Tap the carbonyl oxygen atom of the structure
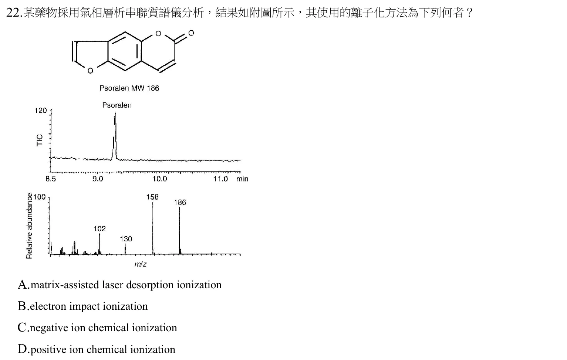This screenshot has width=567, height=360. point(191,33)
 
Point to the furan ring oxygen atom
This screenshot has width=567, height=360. point(90,71)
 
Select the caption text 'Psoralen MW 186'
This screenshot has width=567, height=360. point(129,88)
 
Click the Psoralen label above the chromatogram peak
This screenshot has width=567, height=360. point(117,105)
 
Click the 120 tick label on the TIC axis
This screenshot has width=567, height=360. point(41,111)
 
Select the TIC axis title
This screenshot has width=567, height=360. point(40,140)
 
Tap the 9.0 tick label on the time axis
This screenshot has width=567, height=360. point(98,179)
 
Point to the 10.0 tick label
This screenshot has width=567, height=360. point(160,179)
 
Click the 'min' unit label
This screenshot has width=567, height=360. point(242,179)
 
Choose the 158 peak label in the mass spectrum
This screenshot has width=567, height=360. point(152,197)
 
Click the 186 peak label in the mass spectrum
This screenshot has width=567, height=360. point(180,203)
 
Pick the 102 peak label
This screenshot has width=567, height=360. point(99,229)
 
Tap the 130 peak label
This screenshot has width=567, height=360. point(126,239)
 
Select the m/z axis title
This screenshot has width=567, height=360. point(141,264)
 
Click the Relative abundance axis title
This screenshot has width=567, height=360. point(29,226)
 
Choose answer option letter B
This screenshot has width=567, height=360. point(22,306)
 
